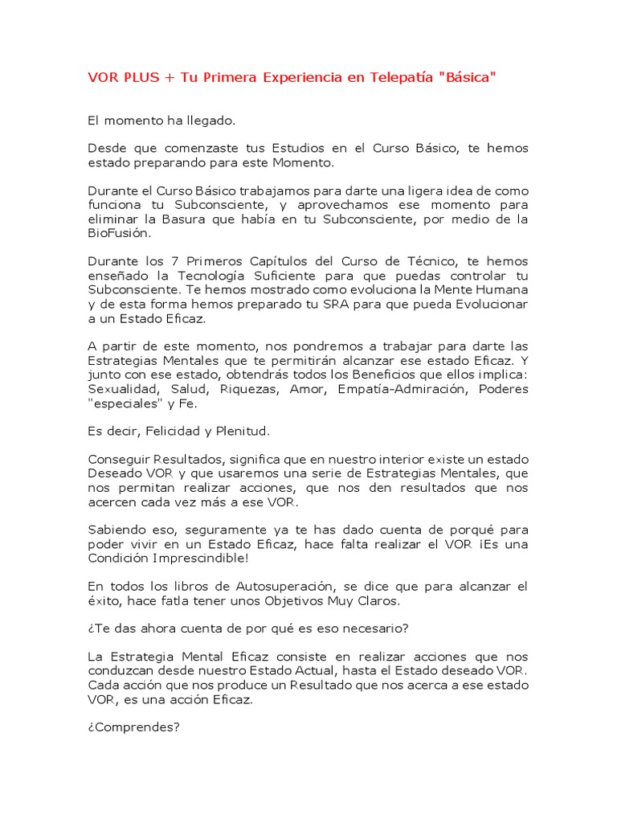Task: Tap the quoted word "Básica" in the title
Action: point(469,77)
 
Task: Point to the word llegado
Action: point(213,121)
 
